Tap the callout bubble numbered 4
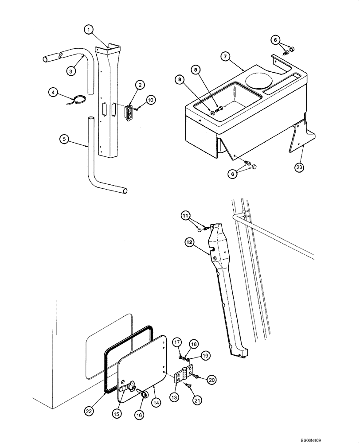click(x=54, y=92)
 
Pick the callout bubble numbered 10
click(x=150, y=101)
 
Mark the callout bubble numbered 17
click(x=176, y=342)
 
